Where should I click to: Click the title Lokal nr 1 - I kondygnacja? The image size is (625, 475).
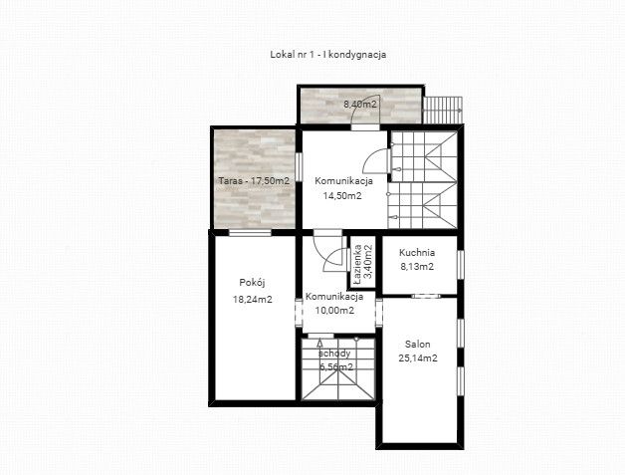[x=328, y=54]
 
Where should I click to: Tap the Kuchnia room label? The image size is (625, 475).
[x=417, y=253]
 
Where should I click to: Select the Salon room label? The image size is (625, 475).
[x=418, y=345]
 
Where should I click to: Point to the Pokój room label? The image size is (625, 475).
[x=253, y=283]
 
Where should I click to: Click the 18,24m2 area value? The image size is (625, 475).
[x=253, y=299]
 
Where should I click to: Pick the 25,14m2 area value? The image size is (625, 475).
[x=418, y=358]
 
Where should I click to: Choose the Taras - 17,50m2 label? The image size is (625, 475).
[x=254, y=180]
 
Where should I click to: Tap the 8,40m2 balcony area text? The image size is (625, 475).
[x=360, y=105]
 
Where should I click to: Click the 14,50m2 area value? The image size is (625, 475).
[x=342, y=196]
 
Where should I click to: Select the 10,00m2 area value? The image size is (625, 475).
[x=334, y=311]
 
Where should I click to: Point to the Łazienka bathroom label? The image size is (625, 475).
[x=357, y=264]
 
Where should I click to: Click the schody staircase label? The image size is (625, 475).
[x=334, y=354]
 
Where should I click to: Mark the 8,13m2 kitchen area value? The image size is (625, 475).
[x=417, y=267]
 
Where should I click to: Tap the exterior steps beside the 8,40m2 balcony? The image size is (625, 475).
[x=443, y=111]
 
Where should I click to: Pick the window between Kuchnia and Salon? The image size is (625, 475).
[x=426, y=296]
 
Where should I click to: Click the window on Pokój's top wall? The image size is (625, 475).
[x=251, y=232]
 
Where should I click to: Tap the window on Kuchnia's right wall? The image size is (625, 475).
[x=461, y=265]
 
